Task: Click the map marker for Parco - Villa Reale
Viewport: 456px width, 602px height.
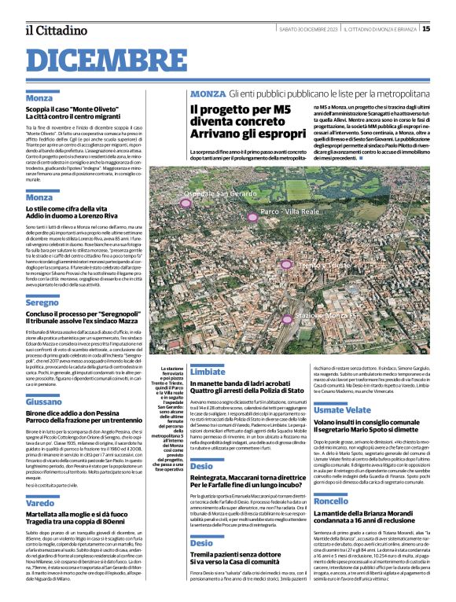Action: pos(252,217)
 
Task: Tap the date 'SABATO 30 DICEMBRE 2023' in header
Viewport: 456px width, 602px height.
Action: pos(308,29)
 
